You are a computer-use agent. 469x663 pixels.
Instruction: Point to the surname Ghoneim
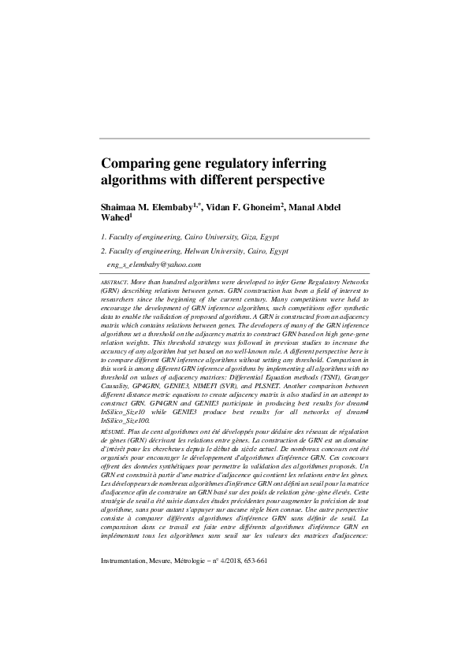[256, 205]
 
